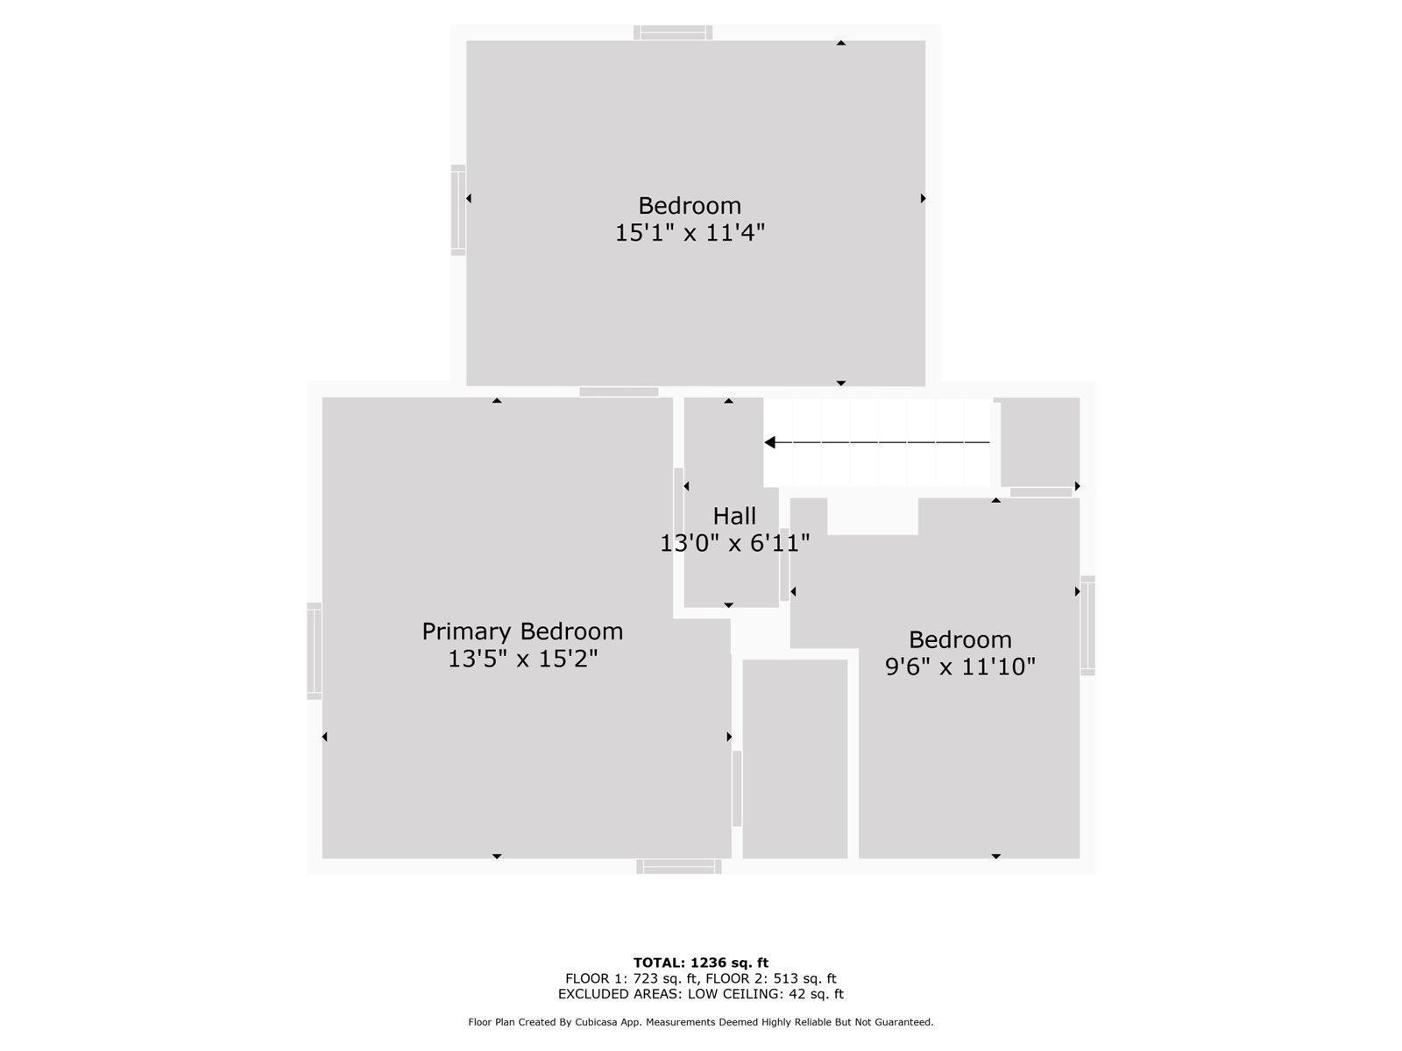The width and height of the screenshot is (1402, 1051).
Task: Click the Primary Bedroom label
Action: pyautogui.click(x=522, y=631)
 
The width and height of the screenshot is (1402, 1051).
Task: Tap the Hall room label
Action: pyautogui.click(x=734, y=516)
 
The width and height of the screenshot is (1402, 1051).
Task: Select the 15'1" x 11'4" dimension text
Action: pyautogui.click(x=690, y=232)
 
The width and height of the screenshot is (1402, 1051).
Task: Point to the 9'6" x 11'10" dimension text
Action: pyautogui.click(x=959, y=667)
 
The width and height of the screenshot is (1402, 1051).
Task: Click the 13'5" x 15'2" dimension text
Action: pyautogui.click(x=522, y=659)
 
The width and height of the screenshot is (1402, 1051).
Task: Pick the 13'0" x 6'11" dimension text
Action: pyautogui.click(x=734, y=544)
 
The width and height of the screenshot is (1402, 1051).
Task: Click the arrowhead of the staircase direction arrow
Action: pyautogui.click(x=769, y=442)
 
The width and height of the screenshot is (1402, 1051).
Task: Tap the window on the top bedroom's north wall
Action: pyautogui.click(x=673, y=32)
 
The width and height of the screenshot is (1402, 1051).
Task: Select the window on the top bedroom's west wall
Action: pyautogui.click(x=458, y=210)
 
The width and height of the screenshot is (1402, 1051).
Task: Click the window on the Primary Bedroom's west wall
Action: pyautogui.click(x=314, y=651)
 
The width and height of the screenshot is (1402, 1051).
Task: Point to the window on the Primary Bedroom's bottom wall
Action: pyautogui.click(x=678, y=866)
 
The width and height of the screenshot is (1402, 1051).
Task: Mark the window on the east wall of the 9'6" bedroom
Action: pyautogui.click(x=1087, y=625)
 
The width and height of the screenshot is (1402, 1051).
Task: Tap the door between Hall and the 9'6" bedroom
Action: pyautogui.click(x=784, y=565)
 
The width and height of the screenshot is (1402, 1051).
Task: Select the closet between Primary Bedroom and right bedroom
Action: pyautogui.click(x=795, y=758)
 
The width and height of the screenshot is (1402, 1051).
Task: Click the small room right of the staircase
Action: pyautogui.click(x=1040, y=442)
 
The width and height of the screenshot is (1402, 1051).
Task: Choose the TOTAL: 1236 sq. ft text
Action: pyautogui.click(x=701, y=963)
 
